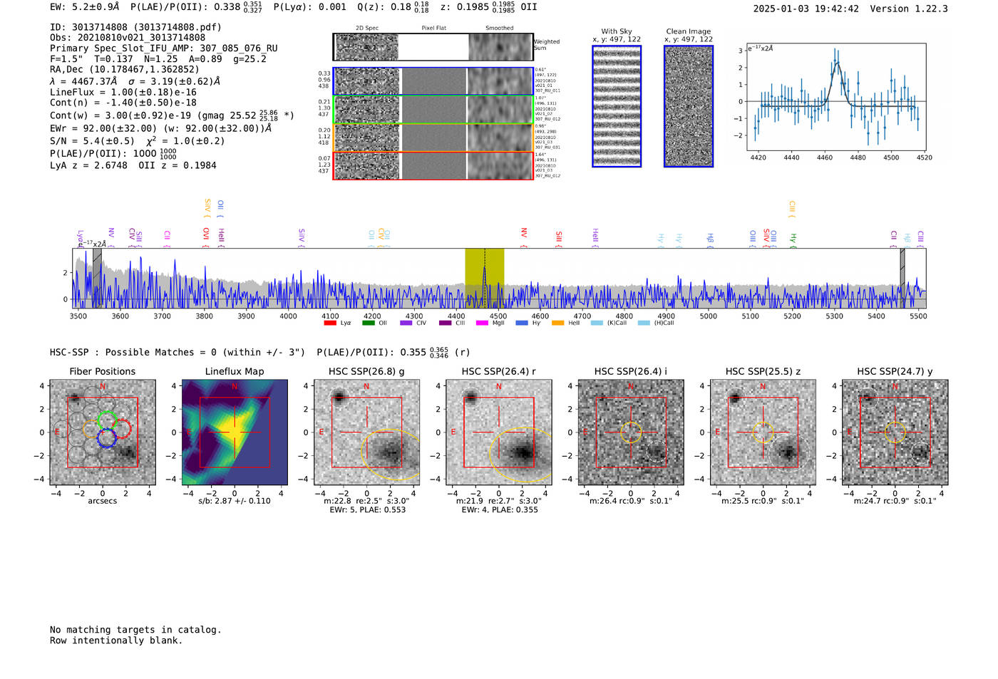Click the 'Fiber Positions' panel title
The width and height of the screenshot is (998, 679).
coord(102,371)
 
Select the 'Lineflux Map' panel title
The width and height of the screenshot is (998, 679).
coord(235,371)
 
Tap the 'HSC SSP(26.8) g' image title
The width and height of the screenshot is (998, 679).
coord(366,371)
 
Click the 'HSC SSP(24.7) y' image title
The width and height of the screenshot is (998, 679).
coord(895,371)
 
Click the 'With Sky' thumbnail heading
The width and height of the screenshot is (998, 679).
coord(617,31)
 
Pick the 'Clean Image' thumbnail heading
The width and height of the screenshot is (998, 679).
coord(688,31)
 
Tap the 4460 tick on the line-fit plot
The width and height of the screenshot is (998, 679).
coord(825,157)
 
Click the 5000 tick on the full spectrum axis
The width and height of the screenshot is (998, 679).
coord(708,316)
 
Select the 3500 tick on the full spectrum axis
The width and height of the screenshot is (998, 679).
coord(78,316)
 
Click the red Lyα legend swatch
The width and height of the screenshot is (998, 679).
coord(329,323)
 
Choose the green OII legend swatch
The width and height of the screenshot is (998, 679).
coord(368,323)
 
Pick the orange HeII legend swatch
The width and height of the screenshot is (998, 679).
coord(557,323)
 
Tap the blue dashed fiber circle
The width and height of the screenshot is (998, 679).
coord(107,438)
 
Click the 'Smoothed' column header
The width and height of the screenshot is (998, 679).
coord(499,28)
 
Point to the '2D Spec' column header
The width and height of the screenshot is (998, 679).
coord(367,28)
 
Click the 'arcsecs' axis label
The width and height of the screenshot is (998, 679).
coord(102,501)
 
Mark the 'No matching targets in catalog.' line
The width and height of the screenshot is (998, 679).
coord(135,630)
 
